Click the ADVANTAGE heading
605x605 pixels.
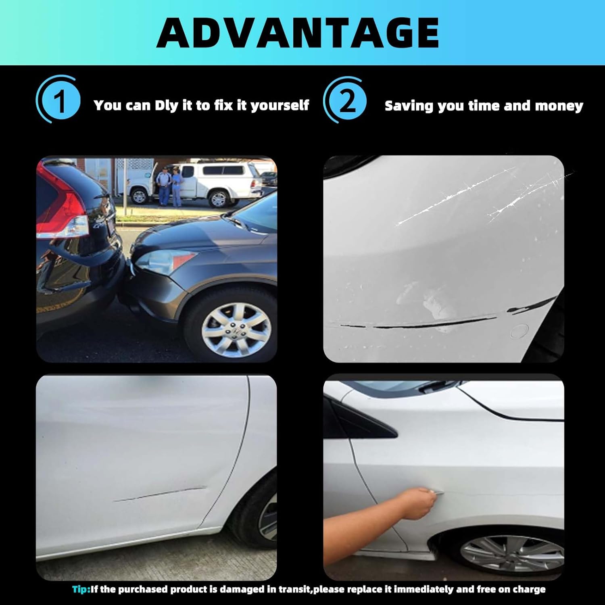coord(298,33)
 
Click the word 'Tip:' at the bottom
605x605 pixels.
coord(81,589)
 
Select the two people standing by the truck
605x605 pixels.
coord(170,186)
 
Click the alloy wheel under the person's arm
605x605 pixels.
coord(512,557)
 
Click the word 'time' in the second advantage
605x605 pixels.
coord(484,106)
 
